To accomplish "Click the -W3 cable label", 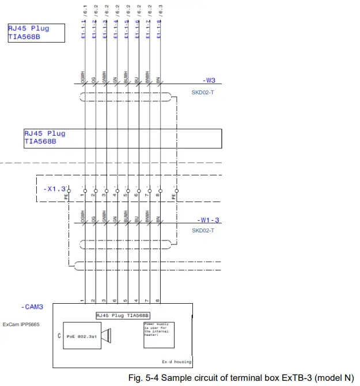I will (x=209, y=81).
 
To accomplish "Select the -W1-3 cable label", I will (x=209, y=220).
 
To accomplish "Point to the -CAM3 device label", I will (x=31, y=307).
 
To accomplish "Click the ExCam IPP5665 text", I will (x=21, y=325).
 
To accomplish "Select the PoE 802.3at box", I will (x=78, y=335).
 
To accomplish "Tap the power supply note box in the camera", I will (x=158, y=333).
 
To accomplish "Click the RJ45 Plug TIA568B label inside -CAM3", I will (x=123, y=315).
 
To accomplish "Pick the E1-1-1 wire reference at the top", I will (x=85, y=27).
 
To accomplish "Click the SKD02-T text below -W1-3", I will (x=203, y=231).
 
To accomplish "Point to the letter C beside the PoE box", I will (x=59, y=335).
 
